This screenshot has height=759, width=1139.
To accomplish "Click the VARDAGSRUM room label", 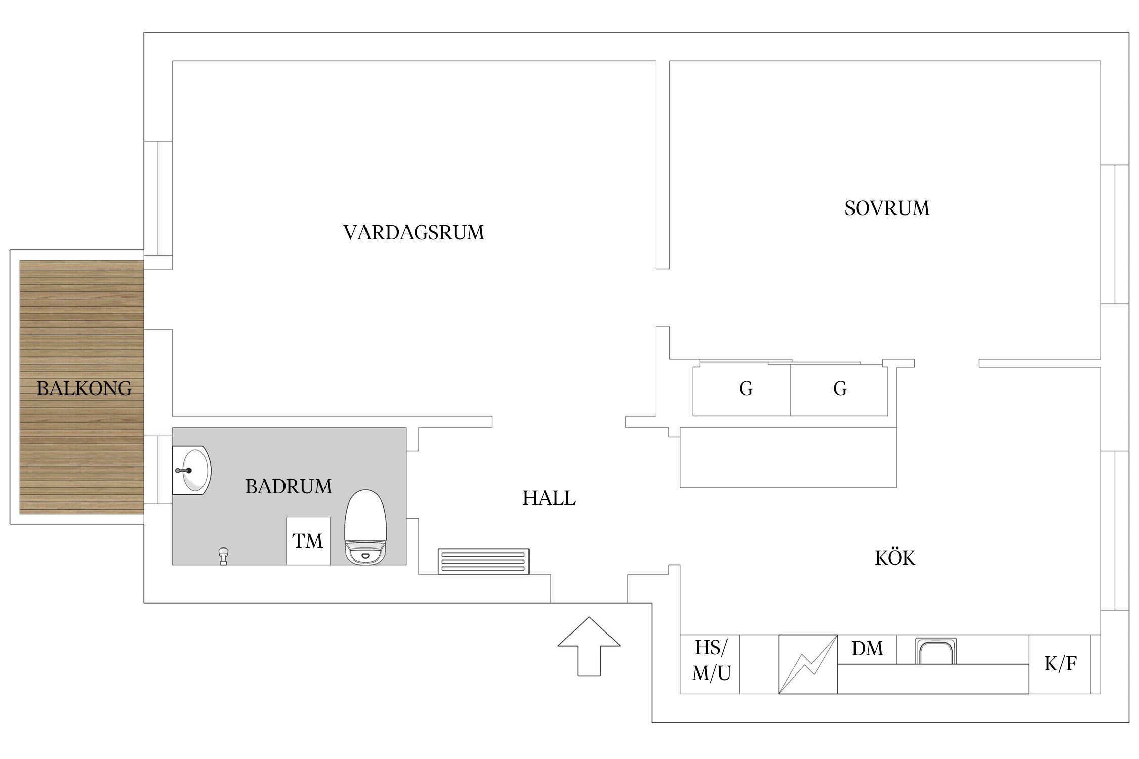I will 414,233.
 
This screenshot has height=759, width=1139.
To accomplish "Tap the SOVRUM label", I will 887,208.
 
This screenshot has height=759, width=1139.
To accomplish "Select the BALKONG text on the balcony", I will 84,389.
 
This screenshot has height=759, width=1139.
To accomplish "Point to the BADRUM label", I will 289,487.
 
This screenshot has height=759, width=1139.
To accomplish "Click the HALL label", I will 549,498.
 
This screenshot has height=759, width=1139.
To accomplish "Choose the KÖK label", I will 894,558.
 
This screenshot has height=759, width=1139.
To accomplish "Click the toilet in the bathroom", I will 365,528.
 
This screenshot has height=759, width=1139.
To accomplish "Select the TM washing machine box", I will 308,541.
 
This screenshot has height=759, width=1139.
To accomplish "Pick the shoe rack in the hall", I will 483,561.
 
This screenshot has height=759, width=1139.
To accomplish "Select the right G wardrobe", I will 839,389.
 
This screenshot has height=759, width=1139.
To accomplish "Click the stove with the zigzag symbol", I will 807,664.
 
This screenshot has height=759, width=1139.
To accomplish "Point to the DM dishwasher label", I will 867,649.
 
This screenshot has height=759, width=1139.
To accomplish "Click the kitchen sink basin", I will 935,651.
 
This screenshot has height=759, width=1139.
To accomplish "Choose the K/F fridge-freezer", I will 1060,664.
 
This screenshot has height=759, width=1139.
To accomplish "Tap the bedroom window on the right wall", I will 1115,234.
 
